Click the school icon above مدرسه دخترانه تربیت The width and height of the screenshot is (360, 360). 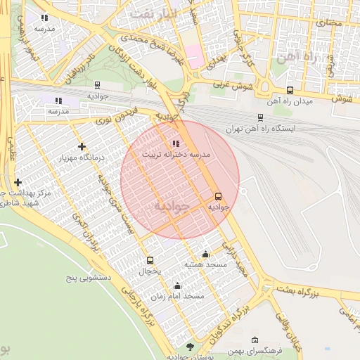(175, 143)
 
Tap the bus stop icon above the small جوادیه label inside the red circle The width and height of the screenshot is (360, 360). (218, 197)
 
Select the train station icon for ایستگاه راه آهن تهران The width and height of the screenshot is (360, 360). (260, 117)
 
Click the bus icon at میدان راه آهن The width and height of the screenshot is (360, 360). (290, 90)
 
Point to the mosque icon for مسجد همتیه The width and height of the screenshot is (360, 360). (205, 254)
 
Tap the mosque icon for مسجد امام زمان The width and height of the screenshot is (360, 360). (177, 285)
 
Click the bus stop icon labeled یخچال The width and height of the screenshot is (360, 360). (150, 260)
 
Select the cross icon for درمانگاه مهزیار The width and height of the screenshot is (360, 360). (82, 146)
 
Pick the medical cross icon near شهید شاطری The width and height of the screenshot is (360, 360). (18, 182)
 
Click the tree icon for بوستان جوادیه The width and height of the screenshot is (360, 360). (190, 347)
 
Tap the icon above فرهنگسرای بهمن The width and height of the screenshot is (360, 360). (255, 340)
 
